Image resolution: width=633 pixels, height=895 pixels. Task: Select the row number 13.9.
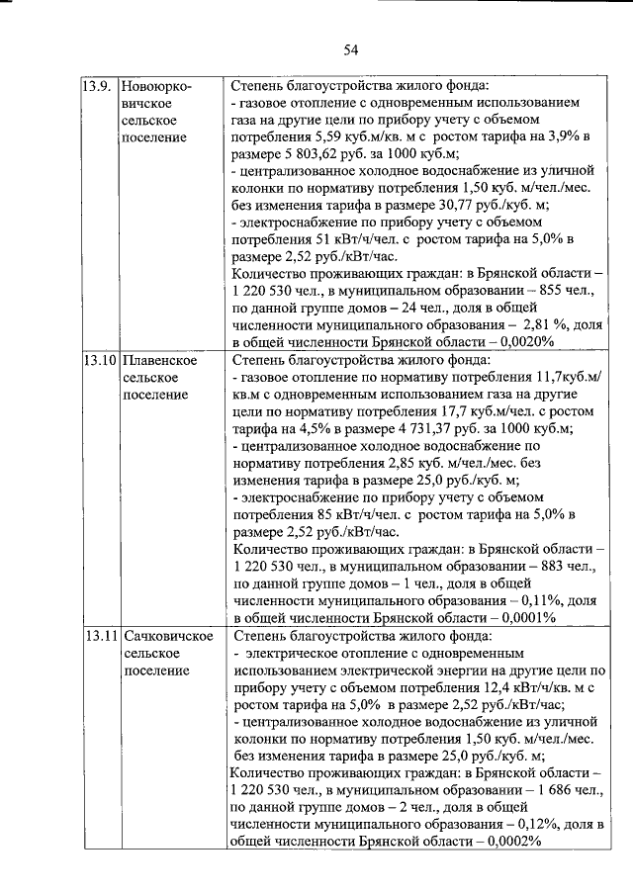coord(97,85)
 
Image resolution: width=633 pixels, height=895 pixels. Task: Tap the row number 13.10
coord(100,360)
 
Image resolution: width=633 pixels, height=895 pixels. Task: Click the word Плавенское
coord(159,360)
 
